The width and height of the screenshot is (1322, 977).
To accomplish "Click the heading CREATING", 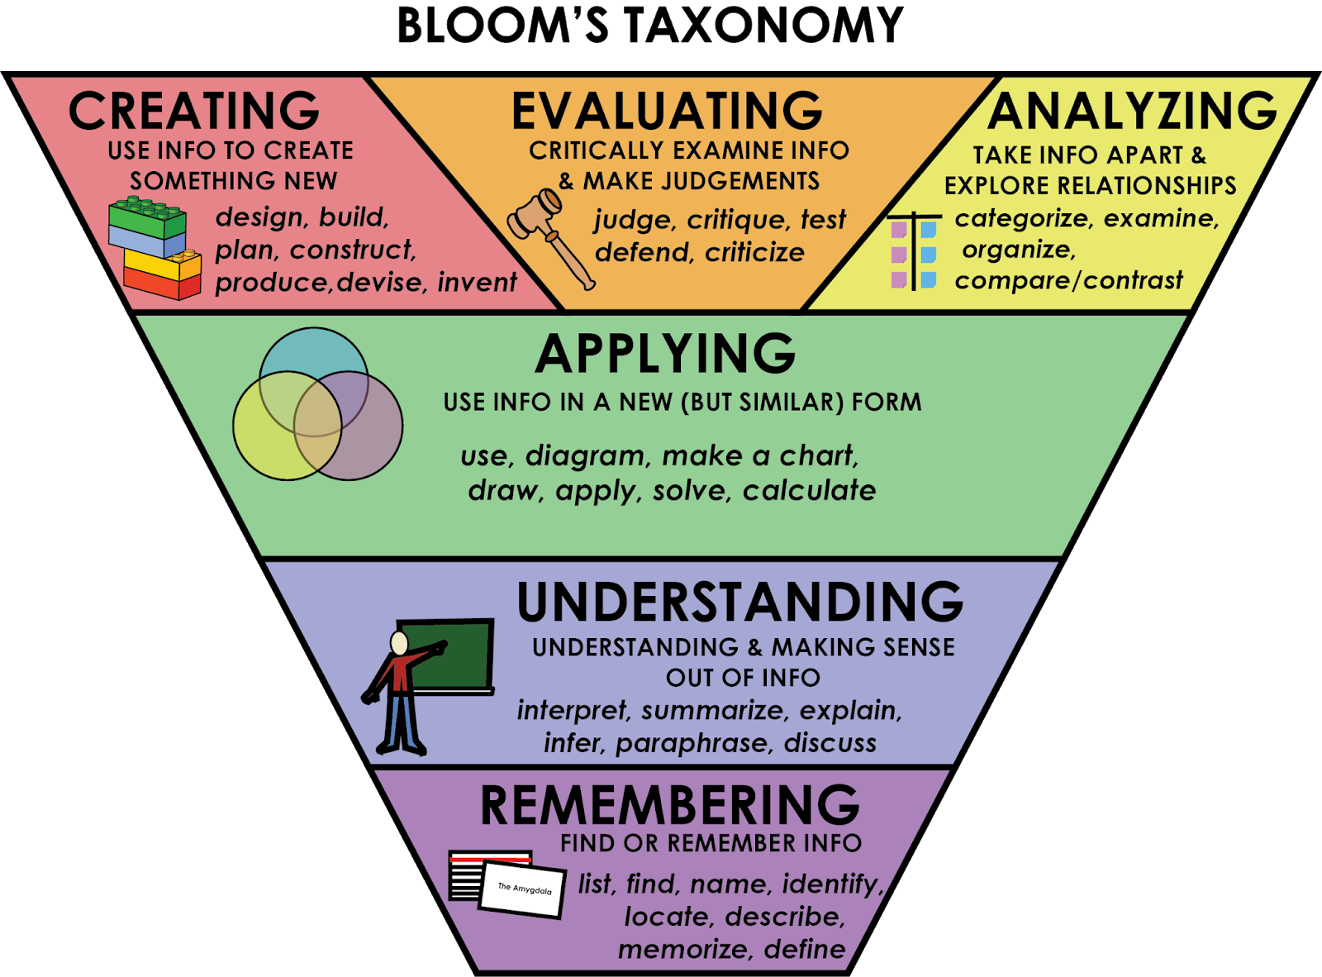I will pos(194,111).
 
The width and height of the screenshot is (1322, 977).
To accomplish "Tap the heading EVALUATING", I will pos(667,111).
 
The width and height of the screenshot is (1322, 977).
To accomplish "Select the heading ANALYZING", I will pos(1132,111).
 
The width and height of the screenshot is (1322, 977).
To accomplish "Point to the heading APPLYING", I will pos(665,354).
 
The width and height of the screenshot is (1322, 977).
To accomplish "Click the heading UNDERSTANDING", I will pos(739,601).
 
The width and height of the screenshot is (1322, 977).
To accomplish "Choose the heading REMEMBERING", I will pos(669,805).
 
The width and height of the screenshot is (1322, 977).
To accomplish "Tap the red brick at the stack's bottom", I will pos(161,284).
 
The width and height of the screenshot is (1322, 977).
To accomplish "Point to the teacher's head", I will pos(399,643).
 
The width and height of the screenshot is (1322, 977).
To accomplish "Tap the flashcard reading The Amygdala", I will pos(524,889).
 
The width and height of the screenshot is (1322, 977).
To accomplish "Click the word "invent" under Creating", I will pos(477,282).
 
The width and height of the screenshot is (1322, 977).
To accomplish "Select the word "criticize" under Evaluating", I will pos(754,252).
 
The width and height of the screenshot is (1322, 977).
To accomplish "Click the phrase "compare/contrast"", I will pos(1068,280).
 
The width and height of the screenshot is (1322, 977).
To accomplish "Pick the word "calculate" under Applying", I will pos(809,490).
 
